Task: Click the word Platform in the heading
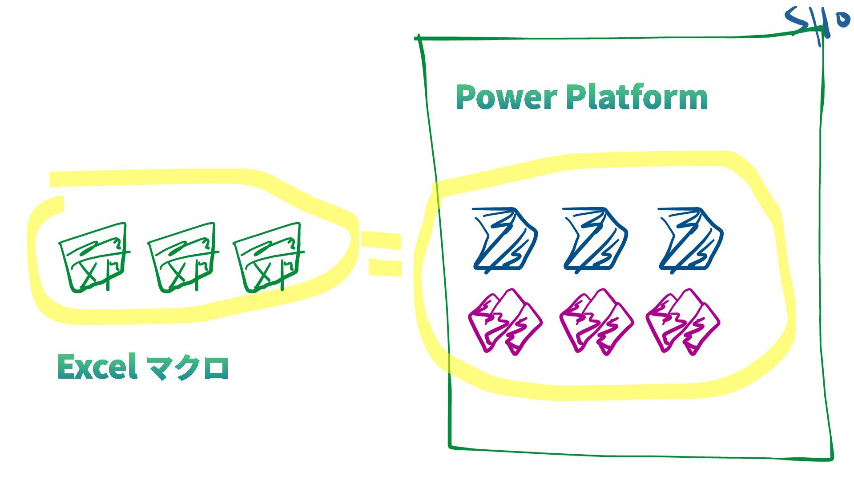[x=636, y=97]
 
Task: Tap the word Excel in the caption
[x=97, y=367]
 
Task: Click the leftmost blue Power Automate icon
[x=505, y=239]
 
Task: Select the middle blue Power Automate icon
[x=596, y=239]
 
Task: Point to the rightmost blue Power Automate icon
[x=691, y=239]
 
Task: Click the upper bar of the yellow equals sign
[x=381, y=241]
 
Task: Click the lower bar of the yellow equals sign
[x=385, y=267]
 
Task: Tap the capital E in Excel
[x=66, y=367]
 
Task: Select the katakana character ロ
[x=216, y=369]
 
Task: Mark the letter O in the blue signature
[x=842, y=20]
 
